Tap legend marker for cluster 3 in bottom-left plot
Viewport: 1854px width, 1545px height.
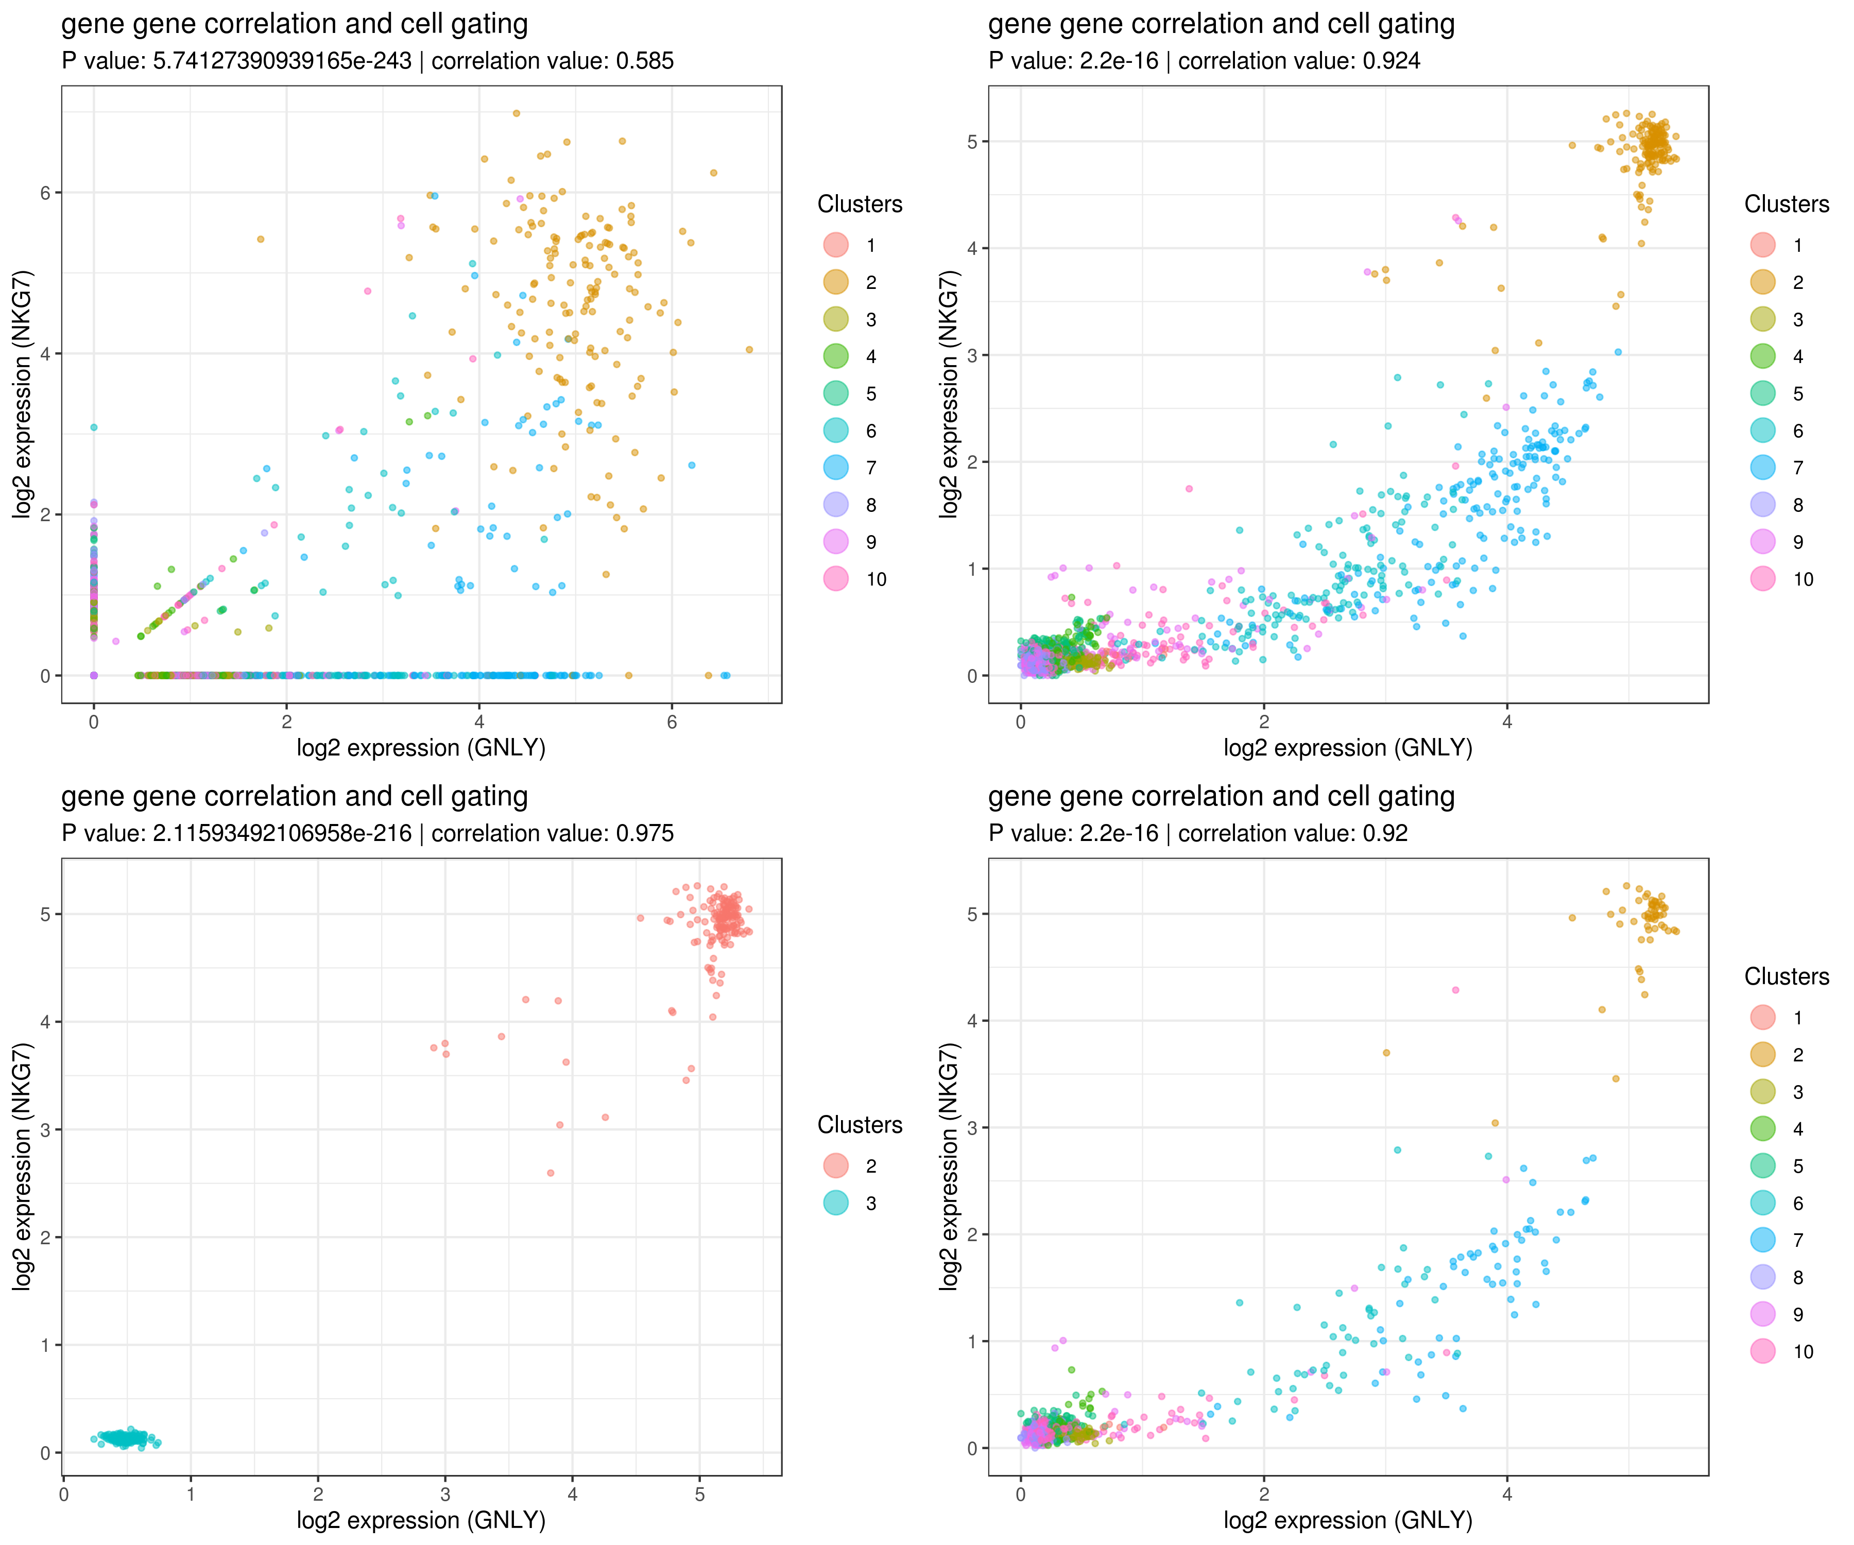835,1203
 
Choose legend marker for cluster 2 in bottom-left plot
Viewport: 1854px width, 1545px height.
835,1165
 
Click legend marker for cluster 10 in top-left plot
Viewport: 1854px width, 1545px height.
835,578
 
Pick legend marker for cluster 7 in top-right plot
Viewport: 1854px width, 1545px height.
1762,467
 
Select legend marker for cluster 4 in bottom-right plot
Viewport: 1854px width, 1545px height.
1762,1128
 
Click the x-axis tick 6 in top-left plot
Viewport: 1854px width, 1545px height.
672,722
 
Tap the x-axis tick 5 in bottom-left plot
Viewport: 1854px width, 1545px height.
699,1494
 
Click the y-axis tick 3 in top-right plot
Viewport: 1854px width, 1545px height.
973,355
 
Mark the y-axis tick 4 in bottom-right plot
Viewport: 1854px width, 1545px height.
973,1021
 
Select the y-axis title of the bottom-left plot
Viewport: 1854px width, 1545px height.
23,1167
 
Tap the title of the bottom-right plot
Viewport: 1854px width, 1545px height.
1221,796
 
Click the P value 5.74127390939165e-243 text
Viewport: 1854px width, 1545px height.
282,61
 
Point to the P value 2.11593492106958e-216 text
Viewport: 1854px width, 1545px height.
282,833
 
